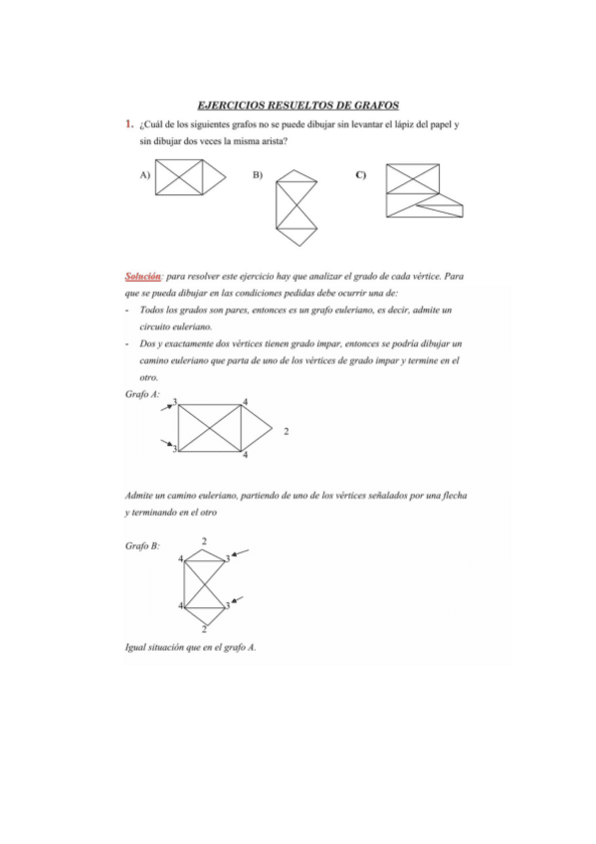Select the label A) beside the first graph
click(145, 175)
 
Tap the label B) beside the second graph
click(257, 175)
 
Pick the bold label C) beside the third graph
click(360, 175)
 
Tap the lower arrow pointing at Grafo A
click(169, 443)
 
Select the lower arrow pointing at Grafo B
click(240, 600)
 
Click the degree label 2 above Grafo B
click(204, 540)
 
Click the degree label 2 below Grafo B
click(204, 628)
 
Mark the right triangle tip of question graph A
click(232, 178)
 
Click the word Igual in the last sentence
click(136, 647)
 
